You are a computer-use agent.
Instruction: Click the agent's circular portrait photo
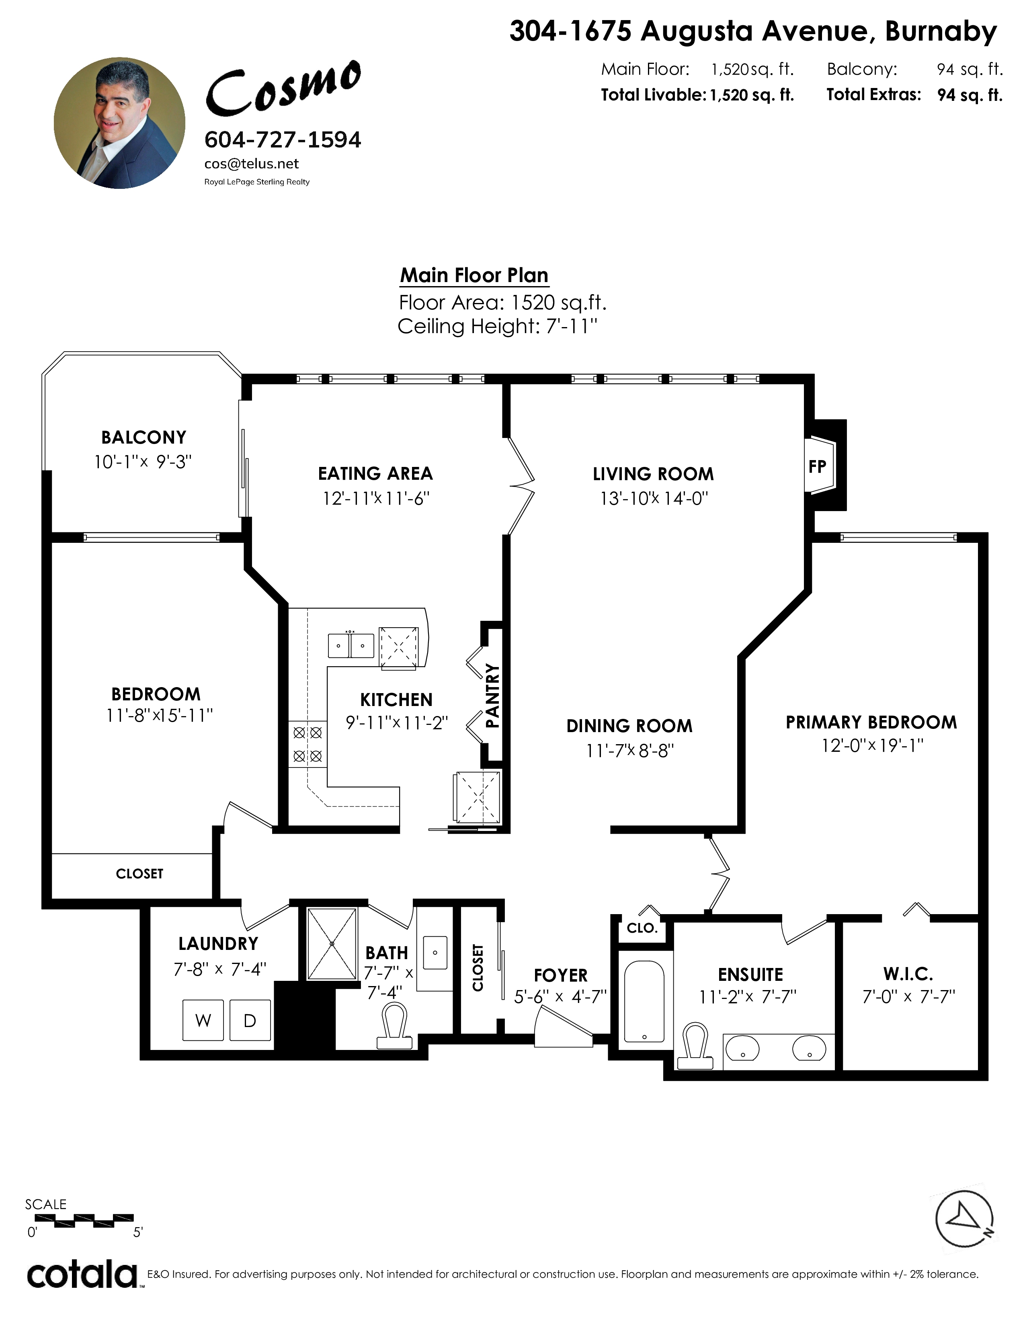click(x=120, y=123)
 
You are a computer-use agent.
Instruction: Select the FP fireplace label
click(x=817, y=466)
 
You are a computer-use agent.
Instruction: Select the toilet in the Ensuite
click(x=696, y=1046)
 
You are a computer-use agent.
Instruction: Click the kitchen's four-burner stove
click(x=307, y=744)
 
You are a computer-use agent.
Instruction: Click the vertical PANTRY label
click(x=492, y=696)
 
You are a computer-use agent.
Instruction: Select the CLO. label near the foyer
click(x=642, y=928)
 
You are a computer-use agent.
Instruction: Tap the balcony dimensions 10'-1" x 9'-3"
click(x=143, y=462)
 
